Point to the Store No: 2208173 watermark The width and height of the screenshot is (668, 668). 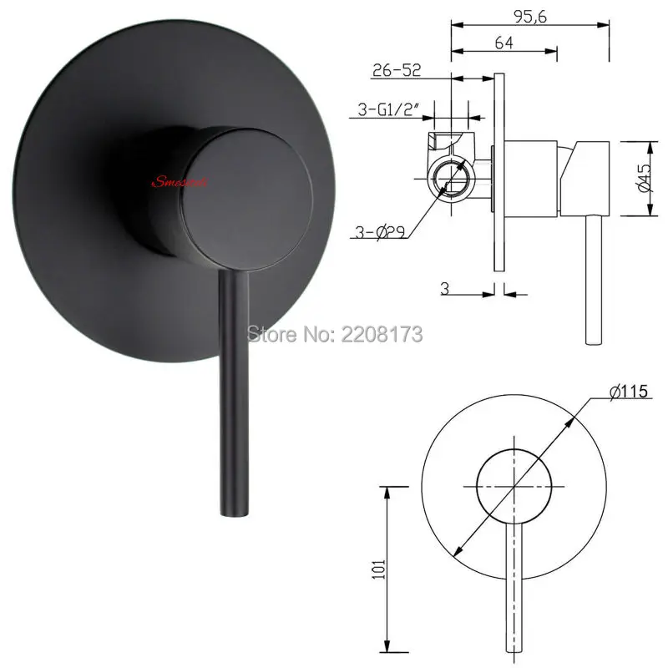click(334, 333)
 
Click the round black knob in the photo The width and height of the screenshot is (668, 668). click(250, 187)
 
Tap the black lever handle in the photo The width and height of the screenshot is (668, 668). click(230, 392)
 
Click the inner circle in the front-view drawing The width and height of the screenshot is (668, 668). click(514, 484)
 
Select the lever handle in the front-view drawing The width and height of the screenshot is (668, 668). click(514, 584)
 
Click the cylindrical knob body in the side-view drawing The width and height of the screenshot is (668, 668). click(534, 176)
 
